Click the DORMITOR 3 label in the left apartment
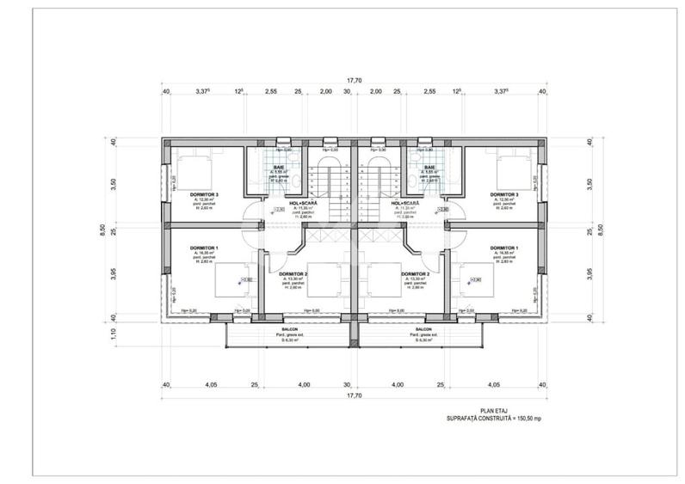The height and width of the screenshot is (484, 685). click(x=204, y=195)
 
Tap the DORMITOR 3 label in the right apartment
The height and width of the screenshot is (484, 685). click(x=505, y=195)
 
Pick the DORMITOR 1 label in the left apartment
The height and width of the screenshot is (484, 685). click(x=204, y=248)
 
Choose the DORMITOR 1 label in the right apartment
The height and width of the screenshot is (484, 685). click(x=505, y=248)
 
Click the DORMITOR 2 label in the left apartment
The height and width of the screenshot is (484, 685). click(x=294, y=274)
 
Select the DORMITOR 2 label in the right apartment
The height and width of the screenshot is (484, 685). click(x=414, y=274)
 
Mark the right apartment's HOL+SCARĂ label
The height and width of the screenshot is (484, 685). click(x=405, y=204)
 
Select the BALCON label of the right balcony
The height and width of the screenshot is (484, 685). click(x=423, y=329)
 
